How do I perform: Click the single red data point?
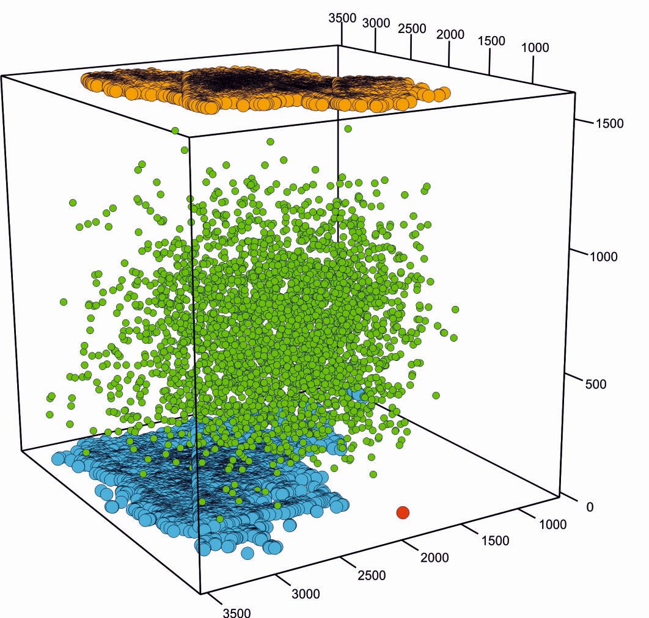[x=402, y=512]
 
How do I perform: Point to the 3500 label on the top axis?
[x=342, y=17]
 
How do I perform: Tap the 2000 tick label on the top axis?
[x=451, y=34]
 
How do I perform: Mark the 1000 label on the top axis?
[x=535, y=48]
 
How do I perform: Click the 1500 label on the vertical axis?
[x=609, y=123]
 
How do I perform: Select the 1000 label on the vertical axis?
[x=603, y=256]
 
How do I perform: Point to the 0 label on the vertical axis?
[x=590, y=506]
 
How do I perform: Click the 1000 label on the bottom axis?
[x=552, y=524]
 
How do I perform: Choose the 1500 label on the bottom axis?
[x=495, y=540]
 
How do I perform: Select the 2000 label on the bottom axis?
[x=434, y=557]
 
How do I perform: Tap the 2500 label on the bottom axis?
[x=372, y=575]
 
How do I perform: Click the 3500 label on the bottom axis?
[x=235, y=612]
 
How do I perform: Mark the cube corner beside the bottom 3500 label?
[x=200, y=593]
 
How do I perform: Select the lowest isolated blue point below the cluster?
[x=247, y=553]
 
